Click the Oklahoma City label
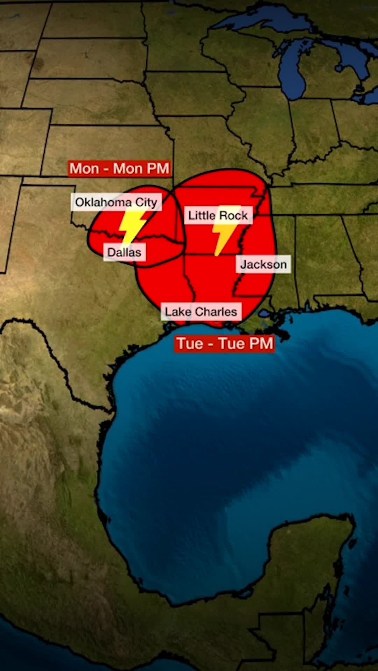pos(116,202)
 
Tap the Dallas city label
pos(124,252)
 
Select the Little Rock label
pos(218,215)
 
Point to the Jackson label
pos(263,264)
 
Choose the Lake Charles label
pos(201,311)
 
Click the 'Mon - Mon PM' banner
pos(119,168)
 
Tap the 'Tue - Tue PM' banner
pos(224,343)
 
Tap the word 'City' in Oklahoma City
pos(146,202)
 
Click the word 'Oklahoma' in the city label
pos(103,202)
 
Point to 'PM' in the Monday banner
pos(158,168)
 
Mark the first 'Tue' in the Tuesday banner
pos(190,343)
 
